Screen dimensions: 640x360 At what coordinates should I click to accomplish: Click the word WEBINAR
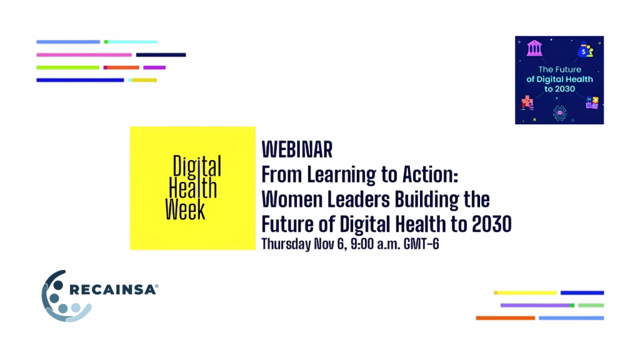tap(297, 149)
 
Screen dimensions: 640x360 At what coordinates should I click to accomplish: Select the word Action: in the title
tap(430, 175)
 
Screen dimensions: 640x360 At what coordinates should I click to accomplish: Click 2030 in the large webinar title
tap(491, 224)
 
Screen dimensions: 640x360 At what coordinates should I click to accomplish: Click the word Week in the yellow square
tap(185, 209)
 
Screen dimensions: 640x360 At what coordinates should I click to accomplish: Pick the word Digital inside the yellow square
tap(197, 166)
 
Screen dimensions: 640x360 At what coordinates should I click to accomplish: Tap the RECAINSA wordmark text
tap(114, 290)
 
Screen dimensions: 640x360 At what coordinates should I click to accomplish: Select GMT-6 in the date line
tap(421, 244)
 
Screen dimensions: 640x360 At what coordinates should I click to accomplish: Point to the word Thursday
tap(286, 244)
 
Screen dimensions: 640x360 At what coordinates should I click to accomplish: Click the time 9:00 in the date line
tap(362, 244)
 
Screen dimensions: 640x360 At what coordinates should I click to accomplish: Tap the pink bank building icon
tap(534, 48)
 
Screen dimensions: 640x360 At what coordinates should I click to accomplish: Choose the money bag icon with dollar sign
tap(585, 50)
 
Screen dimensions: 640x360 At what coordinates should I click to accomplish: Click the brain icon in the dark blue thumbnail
tap(559, 112)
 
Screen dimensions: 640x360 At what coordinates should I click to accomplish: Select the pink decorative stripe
tap(84, 55)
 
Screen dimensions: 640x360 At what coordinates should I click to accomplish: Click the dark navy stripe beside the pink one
tap(161, 55)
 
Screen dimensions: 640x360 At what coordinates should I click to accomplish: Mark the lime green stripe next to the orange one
tap(67, 67)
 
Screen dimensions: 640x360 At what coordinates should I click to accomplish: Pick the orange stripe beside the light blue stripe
tap(505, 318)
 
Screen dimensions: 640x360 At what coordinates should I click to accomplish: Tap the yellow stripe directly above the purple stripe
tap(525, 292)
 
